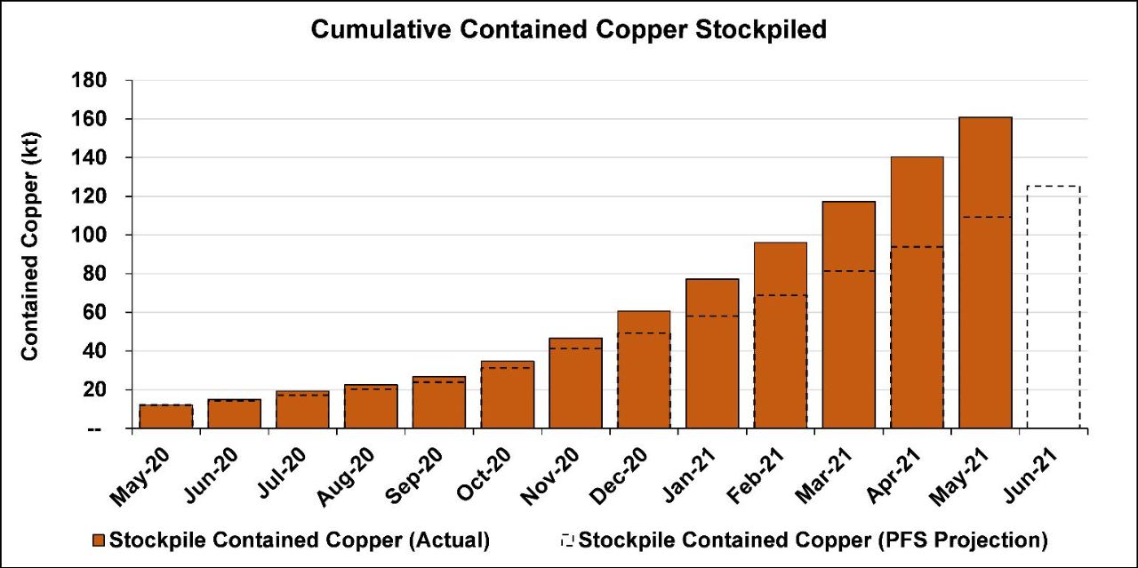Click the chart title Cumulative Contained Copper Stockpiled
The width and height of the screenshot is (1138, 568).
point(569,30)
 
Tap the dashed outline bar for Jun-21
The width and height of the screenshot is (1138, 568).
point(1054,307)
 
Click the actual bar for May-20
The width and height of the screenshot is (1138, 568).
point(165,416)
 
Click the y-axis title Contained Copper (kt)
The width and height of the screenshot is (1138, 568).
point(30,254)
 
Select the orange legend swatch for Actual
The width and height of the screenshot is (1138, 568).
point(98,540)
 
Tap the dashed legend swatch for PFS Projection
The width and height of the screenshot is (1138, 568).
point(567,540)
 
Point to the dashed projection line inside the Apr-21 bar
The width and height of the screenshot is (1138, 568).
point(917,247)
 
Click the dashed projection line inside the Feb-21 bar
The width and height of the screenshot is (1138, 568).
point(780,295)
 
